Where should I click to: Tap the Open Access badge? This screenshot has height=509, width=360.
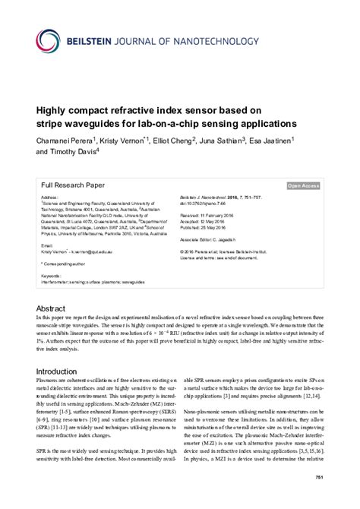pyautogui.click(x=302, y=185)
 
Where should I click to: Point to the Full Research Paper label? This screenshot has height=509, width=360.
pyautogui.click(x=73, y=184)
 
